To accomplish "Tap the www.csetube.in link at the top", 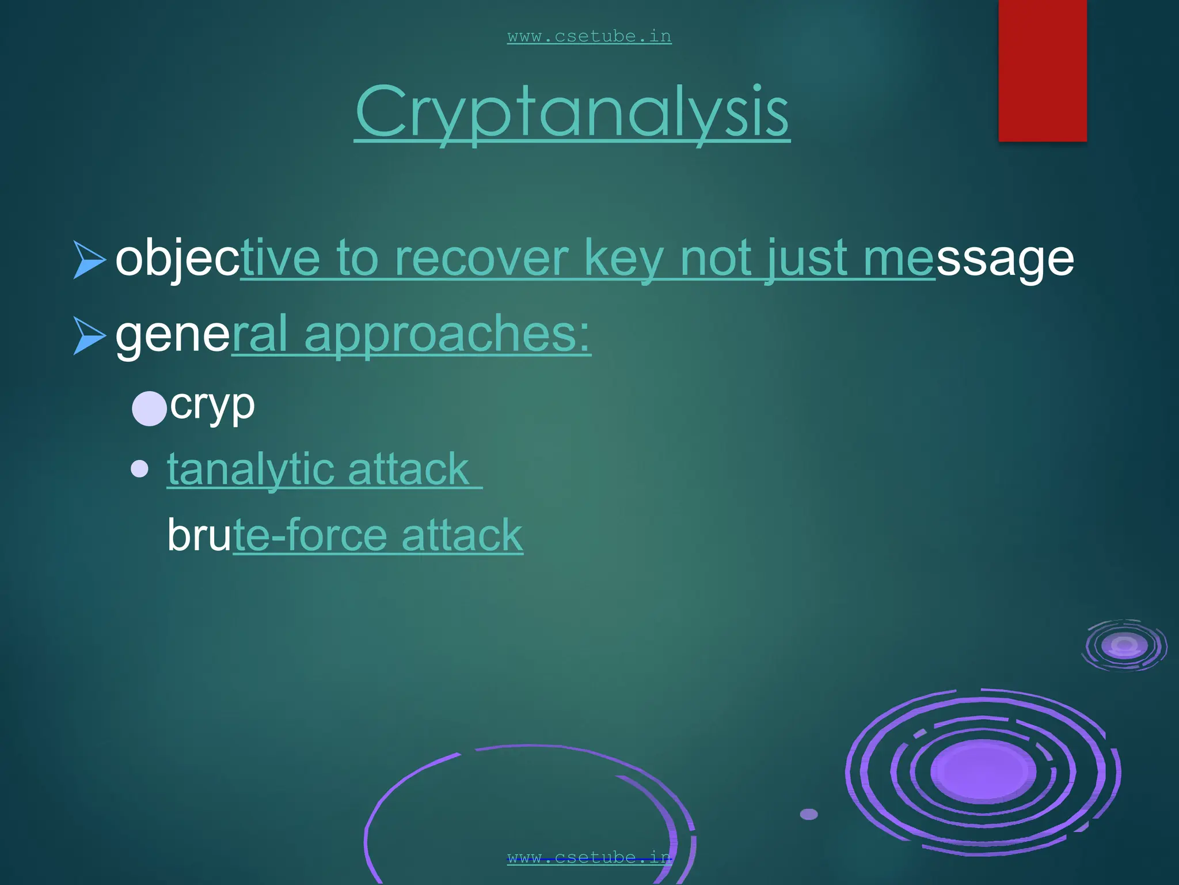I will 589,36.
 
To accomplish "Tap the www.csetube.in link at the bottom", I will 589,857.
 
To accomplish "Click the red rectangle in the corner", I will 1042,70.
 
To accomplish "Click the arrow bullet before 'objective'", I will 89,260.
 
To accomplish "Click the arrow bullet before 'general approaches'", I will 89,335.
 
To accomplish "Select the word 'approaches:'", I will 447,335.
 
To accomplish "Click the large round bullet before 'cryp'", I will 149,408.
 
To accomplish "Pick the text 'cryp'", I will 212,405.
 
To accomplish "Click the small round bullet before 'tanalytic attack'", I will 140,469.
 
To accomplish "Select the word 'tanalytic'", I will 250,470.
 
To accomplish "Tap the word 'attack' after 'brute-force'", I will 462,535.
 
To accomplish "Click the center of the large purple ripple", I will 983,771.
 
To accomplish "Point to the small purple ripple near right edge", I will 1124,645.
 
